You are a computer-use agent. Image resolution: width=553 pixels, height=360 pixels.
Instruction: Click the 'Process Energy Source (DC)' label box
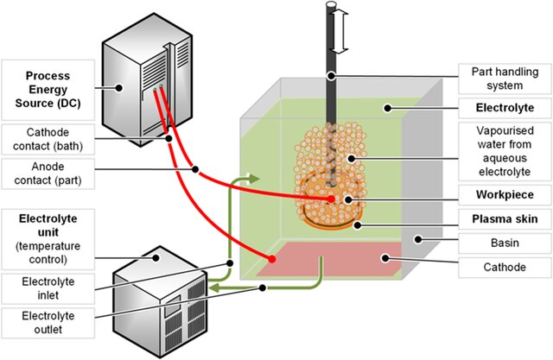click(x=48, y=90)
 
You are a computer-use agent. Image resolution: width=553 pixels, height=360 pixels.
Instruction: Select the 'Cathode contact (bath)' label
click(x=48, y=139)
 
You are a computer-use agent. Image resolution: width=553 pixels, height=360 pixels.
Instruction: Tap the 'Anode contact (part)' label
click(x=48, y=174)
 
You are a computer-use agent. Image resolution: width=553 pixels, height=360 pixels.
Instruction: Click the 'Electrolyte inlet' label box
click(x=48, y=288)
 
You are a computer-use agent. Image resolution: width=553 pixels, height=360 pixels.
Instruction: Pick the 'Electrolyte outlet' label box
click(x=48, y=323)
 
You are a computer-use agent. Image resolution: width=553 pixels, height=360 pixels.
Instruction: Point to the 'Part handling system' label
click(x=505, y=79)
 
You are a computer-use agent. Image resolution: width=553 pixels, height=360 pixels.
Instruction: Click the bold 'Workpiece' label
click(x=505, y=195)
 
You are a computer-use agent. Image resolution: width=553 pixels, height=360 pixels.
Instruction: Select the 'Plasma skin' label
click(x=505, y=219)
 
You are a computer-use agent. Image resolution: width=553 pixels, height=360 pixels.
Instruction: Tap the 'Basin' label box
click(x=505, y=243)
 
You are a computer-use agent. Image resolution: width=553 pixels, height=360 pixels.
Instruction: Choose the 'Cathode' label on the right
click(x=505, y=268)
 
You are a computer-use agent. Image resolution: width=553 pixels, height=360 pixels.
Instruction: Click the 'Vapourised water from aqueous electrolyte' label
click(x=505, y=151)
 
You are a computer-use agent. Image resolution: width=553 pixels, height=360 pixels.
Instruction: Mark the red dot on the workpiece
click(x=331, y=199)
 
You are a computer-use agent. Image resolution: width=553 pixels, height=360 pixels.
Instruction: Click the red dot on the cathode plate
click(x=271, y=259)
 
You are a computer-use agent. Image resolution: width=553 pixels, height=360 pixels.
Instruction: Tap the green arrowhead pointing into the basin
click(x=253, y=179)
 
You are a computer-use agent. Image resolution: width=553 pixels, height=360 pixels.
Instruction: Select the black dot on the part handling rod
click(x=331, y=75)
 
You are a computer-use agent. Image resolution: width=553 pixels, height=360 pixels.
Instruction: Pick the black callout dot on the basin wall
click(x=418, y=239)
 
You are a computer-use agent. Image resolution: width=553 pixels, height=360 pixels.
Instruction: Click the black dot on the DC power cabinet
click(x=119, y=88)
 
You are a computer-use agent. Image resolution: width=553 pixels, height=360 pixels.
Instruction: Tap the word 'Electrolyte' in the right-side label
click(x=505, y=108)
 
